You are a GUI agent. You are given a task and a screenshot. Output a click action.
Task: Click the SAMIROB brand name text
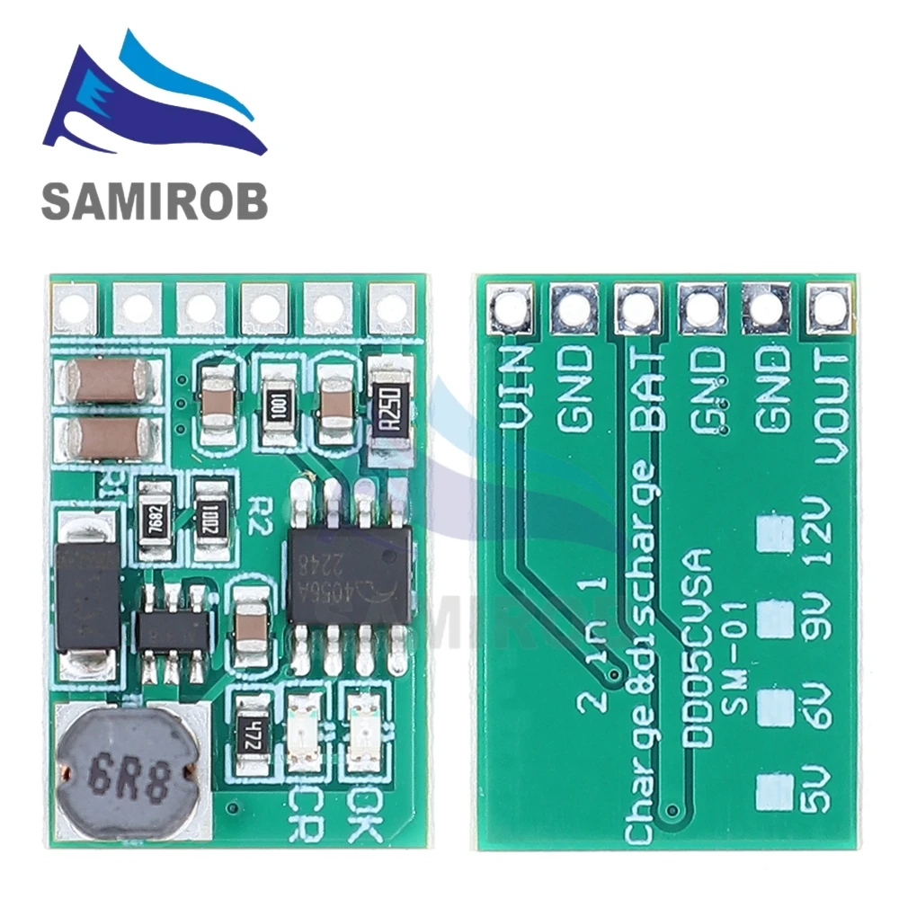point(155,200)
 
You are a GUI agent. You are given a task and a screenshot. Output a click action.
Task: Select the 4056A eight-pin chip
point(349,574)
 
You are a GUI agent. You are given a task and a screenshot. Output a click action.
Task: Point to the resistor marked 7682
point(155,521)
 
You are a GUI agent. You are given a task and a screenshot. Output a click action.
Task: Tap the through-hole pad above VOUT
point(829,307)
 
